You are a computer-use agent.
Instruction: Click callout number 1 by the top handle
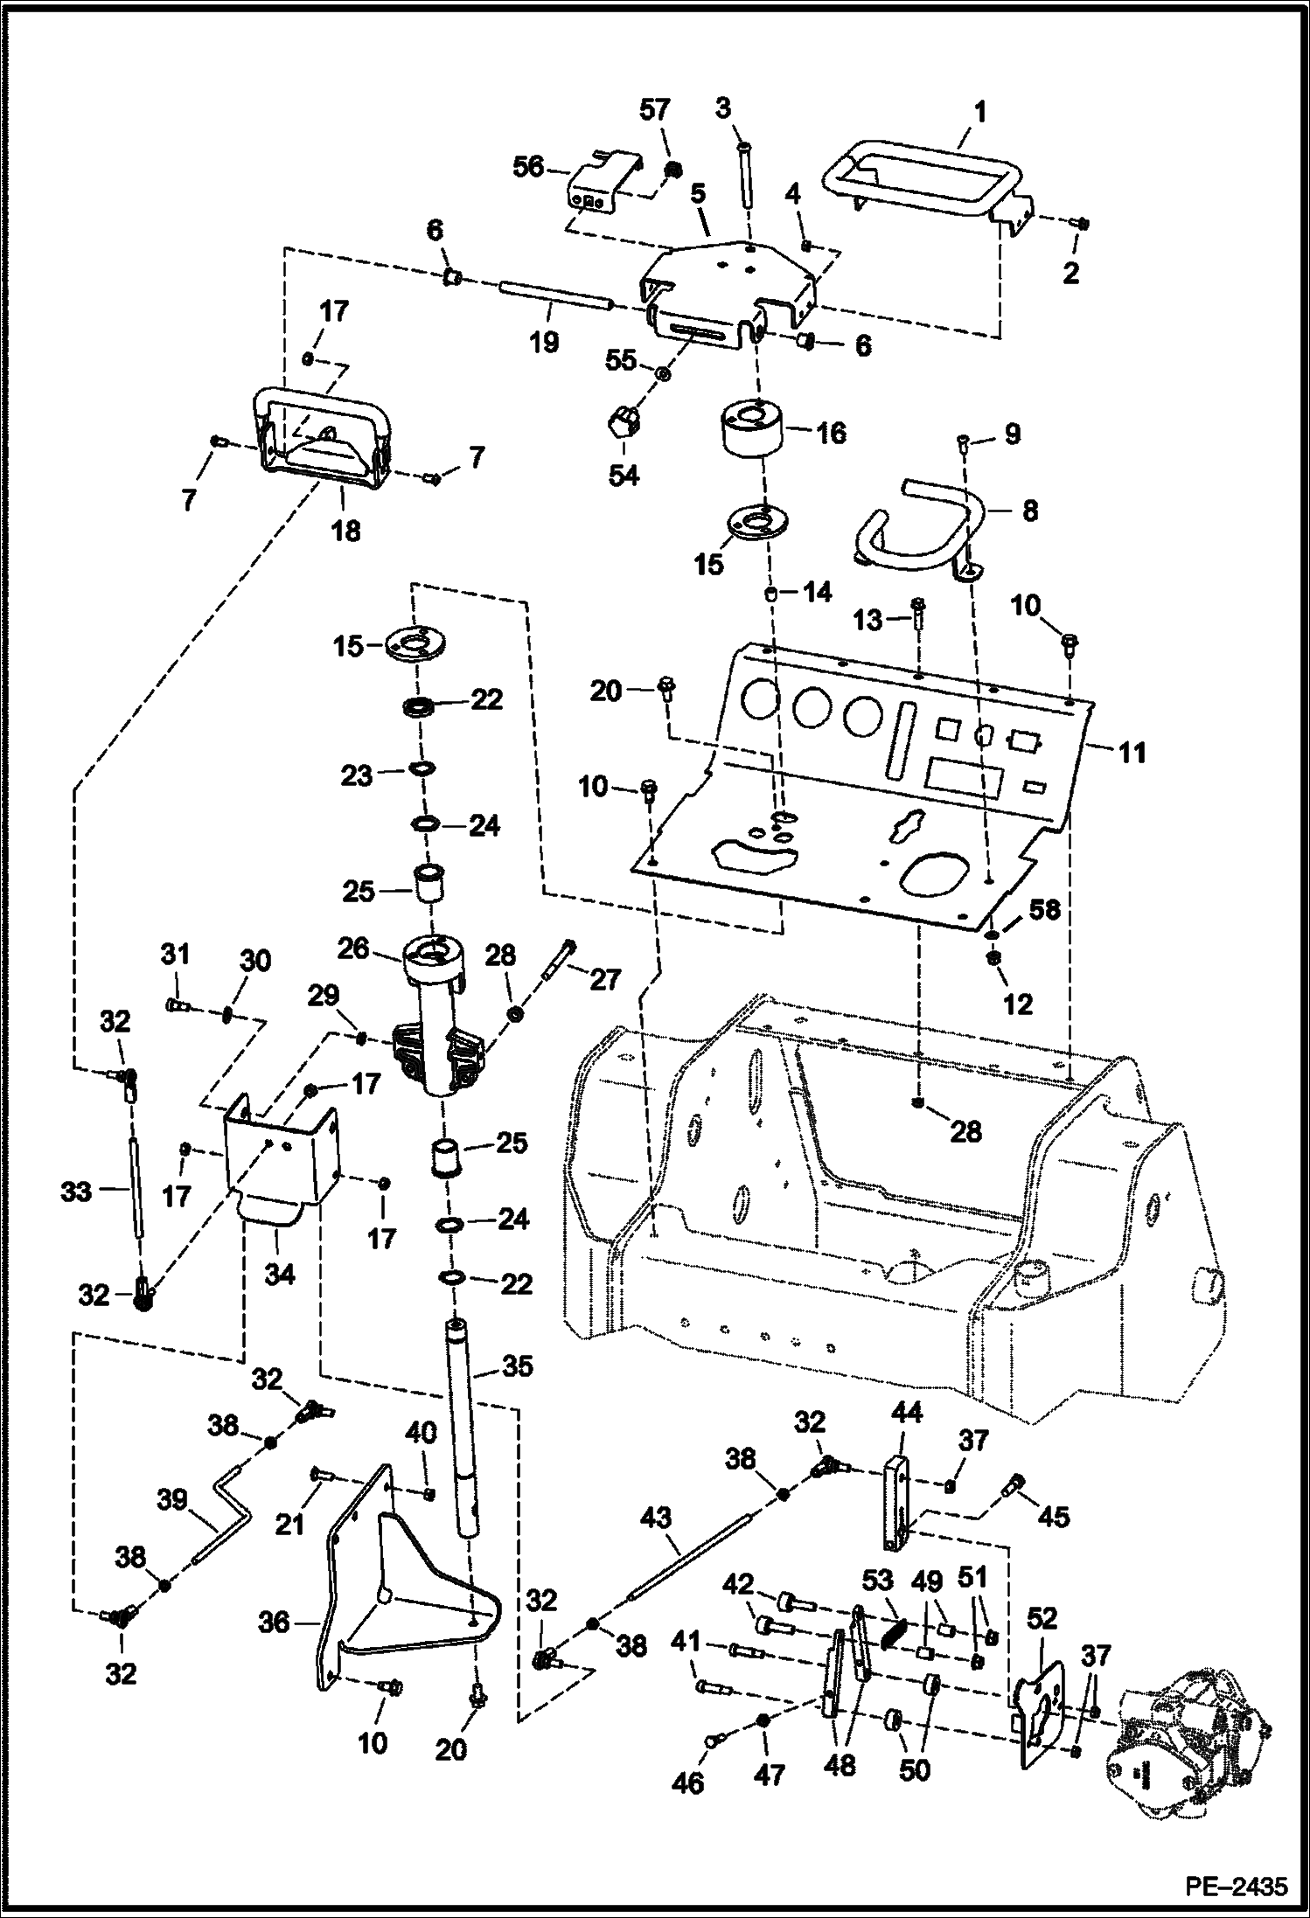(979, 112)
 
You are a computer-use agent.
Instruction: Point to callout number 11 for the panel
(1132, 752)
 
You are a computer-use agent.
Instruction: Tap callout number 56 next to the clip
(528, 166)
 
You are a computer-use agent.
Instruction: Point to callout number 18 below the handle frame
(345, 530)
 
